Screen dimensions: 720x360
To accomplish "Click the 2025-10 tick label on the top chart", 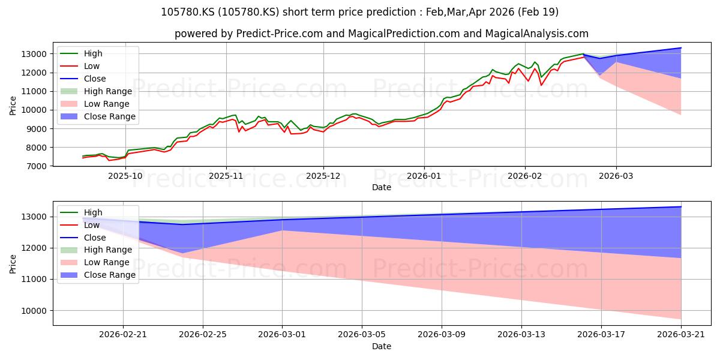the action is (x=125, y=176).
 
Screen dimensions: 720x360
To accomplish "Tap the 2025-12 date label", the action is (x=323, y=176).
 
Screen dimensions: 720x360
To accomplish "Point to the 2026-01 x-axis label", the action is (x=424, y=176).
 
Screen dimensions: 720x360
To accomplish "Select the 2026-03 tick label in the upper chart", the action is (x=616, y=176).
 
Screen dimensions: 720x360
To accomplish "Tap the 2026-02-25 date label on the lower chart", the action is (x=203, y=335).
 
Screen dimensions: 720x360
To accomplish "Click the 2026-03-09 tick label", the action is (x=442, y=335).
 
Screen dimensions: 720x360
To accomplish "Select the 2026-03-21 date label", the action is (x=681, y=335).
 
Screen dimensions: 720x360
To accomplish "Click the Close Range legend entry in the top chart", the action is (x=98, y=116).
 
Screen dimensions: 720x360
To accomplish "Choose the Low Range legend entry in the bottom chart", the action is (x=95, y=262).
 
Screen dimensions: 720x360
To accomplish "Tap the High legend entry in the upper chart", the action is (x=82, y=53).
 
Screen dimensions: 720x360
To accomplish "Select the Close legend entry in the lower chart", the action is (x=83, y=238).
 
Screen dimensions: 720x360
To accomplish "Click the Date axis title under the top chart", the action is (x=382, y=187).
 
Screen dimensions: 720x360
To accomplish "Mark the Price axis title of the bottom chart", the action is (x=13, y=264).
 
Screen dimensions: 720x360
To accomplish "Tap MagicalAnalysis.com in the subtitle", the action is (x=537, y=34).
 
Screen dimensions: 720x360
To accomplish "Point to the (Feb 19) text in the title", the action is (x=538, y=12).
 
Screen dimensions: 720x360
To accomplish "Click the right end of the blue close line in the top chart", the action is (x=681, y=48).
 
